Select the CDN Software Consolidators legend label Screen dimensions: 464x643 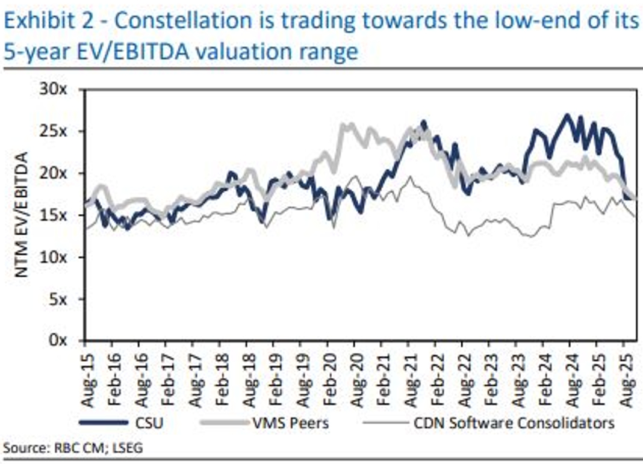514,422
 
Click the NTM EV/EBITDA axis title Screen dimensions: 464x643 22,215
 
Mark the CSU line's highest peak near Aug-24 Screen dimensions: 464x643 567,114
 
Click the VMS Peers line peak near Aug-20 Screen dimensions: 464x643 344,125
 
